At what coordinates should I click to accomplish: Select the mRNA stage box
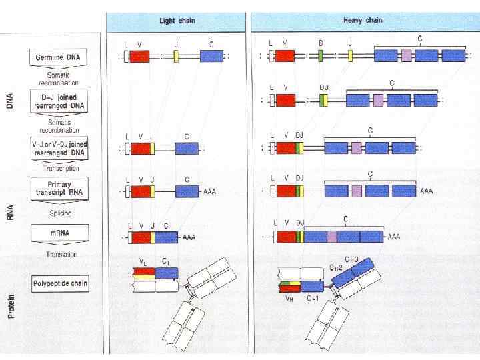coord(59,233)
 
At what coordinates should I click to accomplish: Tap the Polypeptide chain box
coord(60,283)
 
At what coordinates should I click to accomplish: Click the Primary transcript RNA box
coord(59,187)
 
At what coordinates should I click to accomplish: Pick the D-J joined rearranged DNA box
coord(59,101)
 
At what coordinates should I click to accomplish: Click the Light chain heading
coord(177,21)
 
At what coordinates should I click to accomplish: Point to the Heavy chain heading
coord(362,20)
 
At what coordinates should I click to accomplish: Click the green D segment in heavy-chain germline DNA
coord(321,56)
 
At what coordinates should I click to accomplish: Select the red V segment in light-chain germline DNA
coord(139,57)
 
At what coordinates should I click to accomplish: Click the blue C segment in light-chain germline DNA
coord(211,57)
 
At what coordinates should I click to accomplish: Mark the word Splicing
coord(60,213)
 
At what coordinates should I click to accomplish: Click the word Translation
coord(61,255)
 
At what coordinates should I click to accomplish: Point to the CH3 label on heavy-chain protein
coord(351,259)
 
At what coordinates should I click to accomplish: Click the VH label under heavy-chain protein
coord(289,299)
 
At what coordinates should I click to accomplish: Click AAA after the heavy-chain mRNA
coord(394,237)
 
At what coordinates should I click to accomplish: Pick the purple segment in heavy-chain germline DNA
coord(406,56)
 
